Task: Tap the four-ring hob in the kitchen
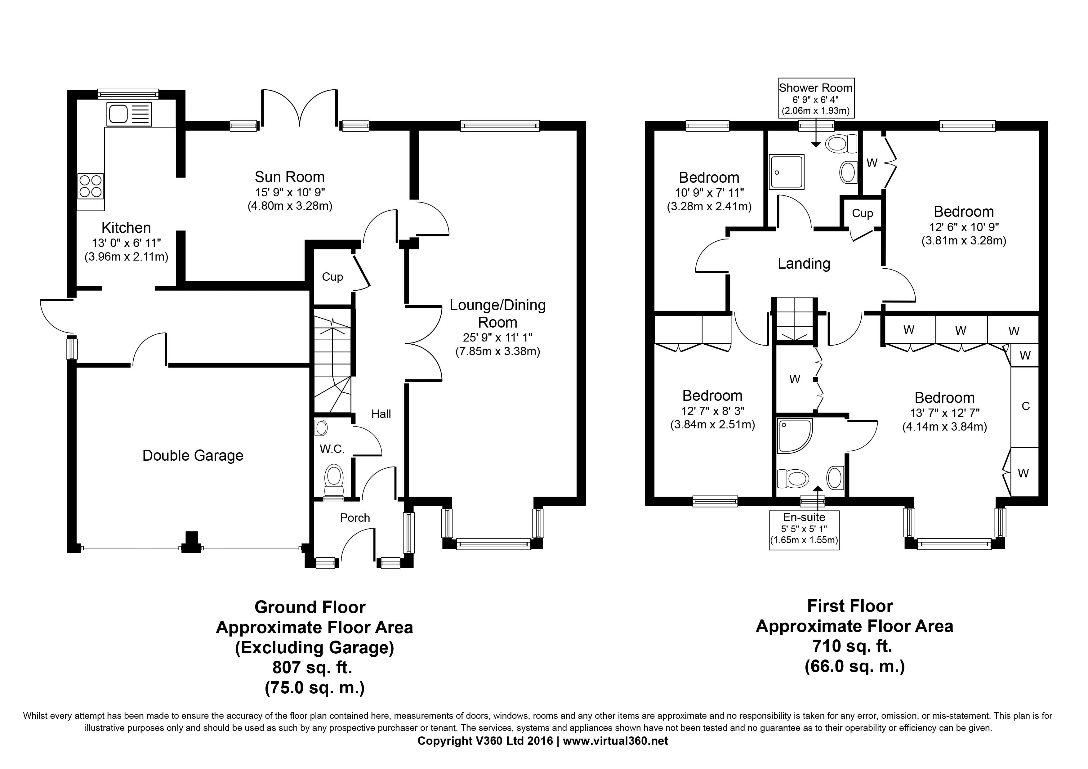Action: click(x=91, y=186)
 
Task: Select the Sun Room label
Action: click(x=290, y=177)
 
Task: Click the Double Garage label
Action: click(x=193, y=456)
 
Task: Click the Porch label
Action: click(x=355, y=518)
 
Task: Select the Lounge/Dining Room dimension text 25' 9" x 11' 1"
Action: click(x=497, y=338)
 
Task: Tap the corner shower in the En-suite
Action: click(x=794, y=435)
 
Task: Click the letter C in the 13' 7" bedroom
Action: click(x=1025, y=406)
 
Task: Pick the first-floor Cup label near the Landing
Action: click(x=862, y=213)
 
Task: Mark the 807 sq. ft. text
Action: click(x=312, y=667)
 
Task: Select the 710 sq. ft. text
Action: click(x=852, y=646)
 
